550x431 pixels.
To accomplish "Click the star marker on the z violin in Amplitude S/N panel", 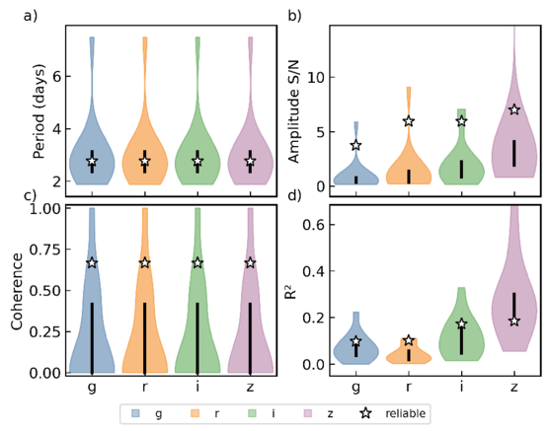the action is [x=514, y=109].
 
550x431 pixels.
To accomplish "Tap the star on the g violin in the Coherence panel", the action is [x=92, y=262].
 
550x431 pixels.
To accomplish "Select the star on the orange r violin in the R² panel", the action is [x=409, y=340].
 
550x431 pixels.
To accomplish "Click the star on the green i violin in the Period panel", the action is [x=197, y=161].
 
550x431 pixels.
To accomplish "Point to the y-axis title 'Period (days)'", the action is [x=39, y=111].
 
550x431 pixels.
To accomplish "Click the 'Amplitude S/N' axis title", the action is [x=294, y=112].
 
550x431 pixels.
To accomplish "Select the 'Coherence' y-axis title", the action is [x=17, y=291].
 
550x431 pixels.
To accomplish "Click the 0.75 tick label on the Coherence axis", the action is [x=44, y=250].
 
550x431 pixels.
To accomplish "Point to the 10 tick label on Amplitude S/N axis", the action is [x=316, y=78].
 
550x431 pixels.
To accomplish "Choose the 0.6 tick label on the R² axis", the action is [x=313, y=225].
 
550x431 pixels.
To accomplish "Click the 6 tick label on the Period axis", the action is [x=57, y=76].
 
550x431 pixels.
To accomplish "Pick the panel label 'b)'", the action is [x=294, y=16].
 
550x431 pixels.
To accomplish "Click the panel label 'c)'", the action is [x=31, y=195].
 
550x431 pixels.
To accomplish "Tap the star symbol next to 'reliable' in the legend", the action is [x=366, y=413].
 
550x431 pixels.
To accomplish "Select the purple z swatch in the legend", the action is [x=308, y=413].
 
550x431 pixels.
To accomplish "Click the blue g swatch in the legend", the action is [x=135, y=413].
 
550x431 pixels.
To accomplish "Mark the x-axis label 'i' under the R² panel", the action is [x=461, y=387].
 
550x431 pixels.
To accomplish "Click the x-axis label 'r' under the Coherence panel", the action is [x=145, y=388].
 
